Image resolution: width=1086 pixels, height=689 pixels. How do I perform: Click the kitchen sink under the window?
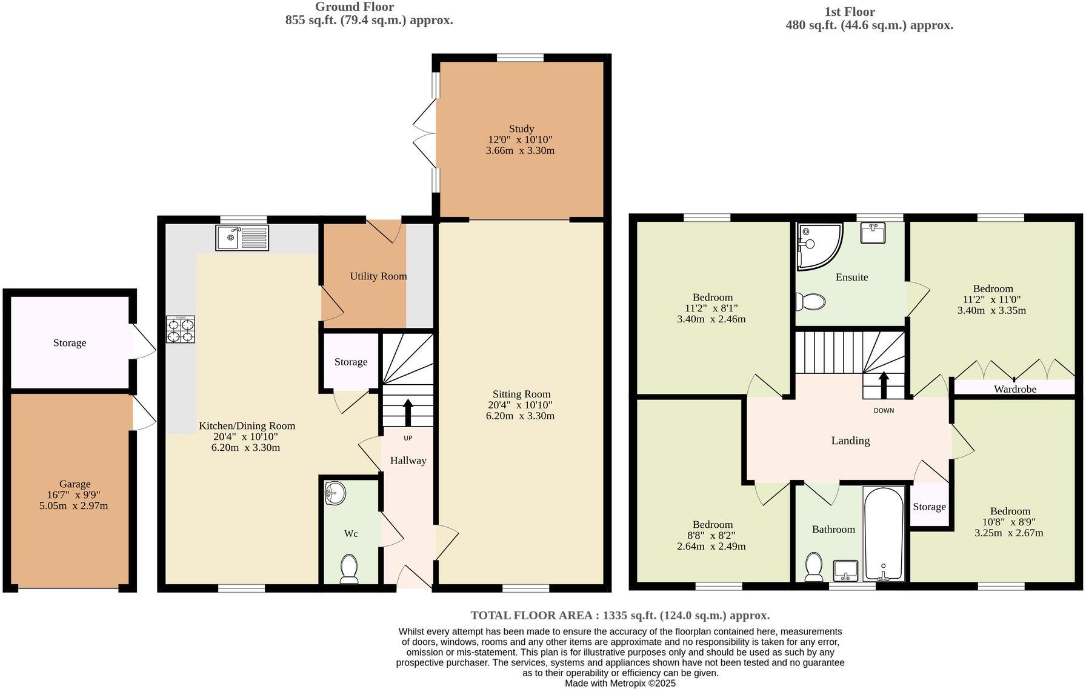[242, 238]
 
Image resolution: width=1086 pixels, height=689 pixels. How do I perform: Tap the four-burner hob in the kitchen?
[181, 330]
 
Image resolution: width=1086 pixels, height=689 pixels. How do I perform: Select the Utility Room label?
[378, 276]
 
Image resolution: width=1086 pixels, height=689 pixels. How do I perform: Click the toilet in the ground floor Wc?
[349, 568]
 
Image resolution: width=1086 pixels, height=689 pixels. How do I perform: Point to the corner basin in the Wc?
[335, 494]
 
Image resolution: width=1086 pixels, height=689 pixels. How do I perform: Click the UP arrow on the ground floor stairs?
[408, 413]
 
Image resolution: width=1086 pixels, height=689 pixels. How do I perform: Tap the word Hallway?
[408, 461]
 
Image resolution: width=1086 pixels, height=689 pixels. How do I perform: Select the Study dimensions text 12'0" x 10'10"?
[520, 139]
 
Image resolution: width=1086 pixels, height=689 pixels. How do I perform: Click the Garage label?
[75, 484]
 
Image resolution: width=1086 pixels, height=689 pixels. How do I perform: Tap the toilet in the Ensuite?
[811, 301]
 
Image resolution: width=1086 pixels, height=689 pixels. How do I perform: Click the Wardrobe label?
[1014, 389]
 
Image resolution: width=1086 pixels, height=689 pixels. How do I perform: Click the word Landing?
[850, 441]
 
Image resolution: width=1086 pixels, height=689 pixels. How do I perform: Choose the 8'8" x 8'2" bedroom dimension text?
[712, 536]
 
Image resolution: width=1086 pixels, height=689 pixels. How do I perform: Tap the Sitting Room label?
[521, 394]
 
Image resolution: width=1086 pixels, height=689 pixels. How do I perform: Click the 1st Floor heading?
[849, 12]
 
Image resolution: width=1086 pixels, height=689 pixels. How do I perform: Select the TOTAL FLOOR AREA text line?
[620, 616]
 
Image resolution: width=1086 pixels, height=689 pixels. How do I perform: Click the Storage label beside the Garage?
[70, 343]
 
